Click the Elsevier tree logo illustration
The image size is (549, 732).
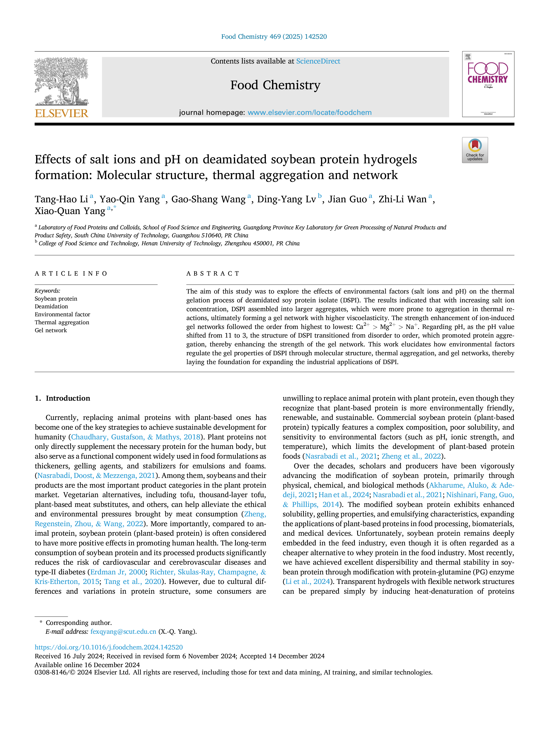[x=62, y=81]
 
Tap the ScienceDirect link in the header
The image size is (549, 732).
[x=318, y=61]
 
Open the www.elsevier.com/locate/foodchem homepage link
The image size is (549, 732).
[x=309, y=112]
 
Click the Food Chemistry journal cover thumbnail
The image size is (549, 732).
[x=488, y=84]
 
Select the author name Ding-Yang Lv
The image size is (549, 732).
[x=287, y=199]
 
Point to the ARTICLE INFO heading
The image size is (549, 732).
[x=71, y=274]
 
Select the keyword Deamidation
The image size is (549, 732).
[x=51, y=306]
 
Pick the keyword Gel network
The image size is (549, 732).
[x=51, y=330]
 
